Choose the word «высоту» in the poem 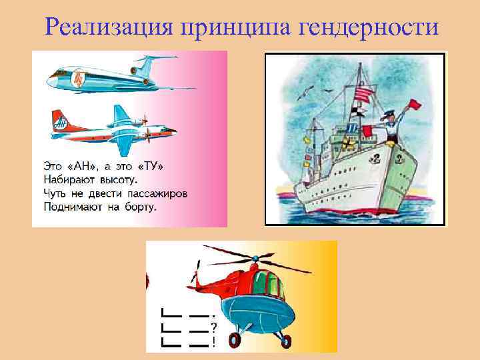coord(118,179)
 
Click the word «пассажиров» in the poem coord(157,193)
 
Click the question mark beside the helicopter coord(213,327)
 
